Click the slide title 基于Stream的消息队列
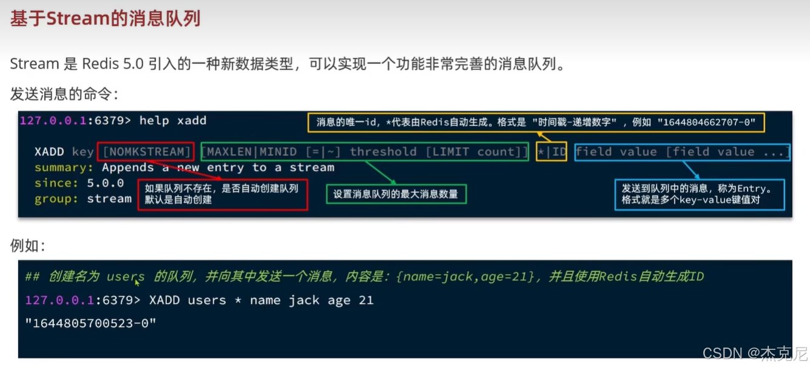105,19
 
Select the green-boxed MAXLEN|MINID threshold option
364,152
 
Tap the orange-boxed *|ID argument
551,152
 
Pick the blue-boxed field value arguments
682,152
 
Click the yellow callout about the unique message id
536,123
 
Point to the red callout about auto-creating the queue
222,194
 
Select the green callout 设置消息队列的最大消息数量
396,194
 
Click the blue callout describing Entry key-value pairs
699,194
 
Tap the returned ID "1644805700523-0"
91,323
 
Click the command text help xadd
173,121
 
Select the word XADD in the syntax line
49,152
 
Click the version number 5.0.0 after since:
106,183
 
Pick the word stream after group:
109,198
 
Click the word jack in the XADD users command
304,300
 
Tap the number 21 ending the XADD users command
366,300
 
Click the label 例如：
28,246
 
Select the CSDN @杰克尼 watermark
755,353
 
